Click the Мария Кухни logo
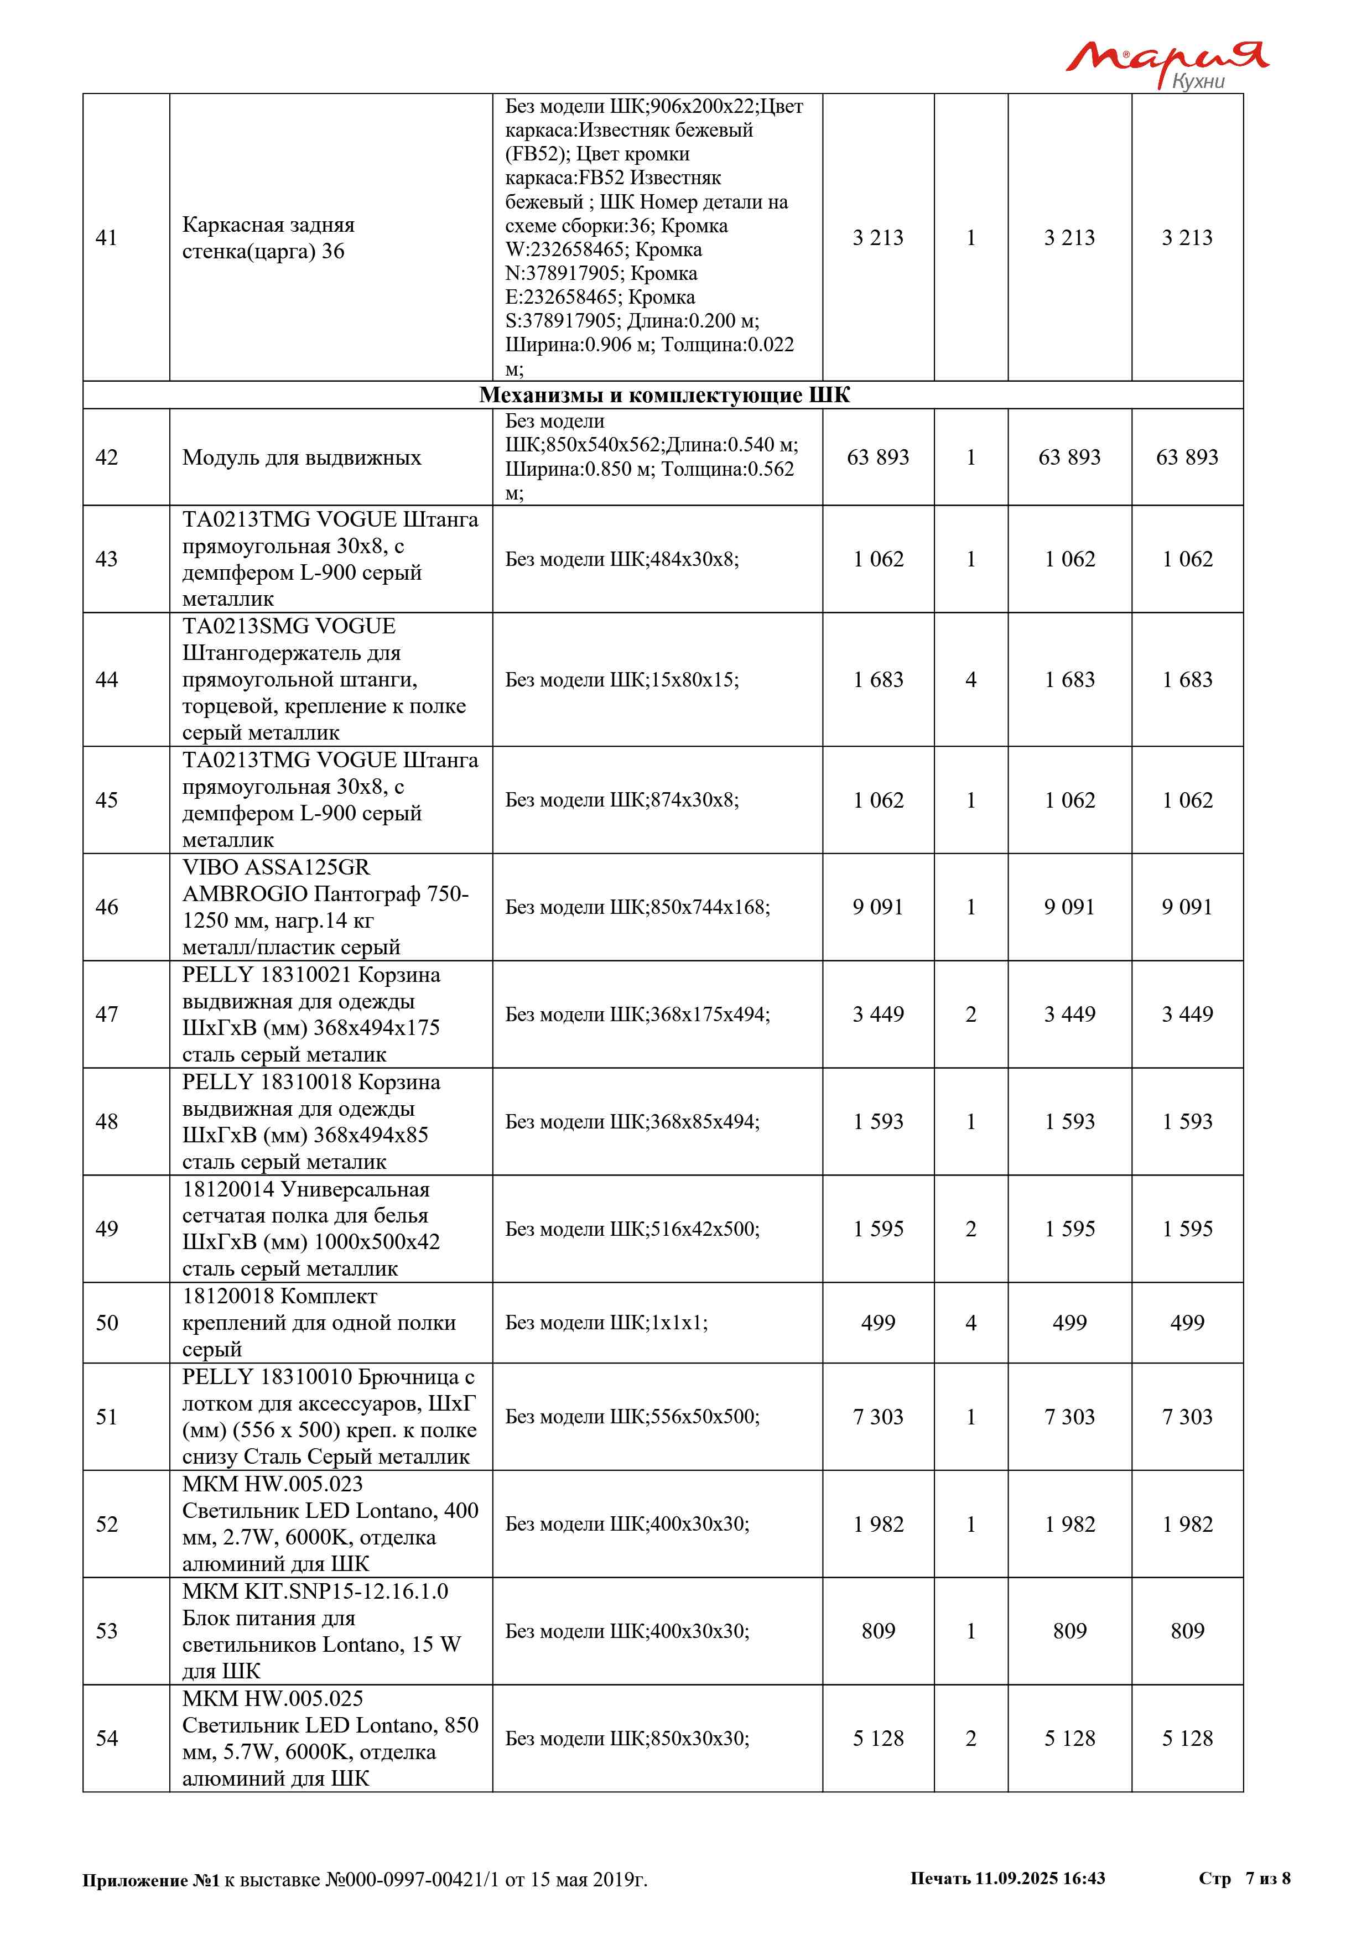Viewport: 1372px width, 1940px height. click(x=1167, y=64)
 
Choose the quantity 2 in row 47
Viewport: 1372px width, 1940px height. click(x=971, y=1014)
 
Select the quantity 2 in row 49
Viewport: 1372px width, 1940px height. click(x=971, y=1229)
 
